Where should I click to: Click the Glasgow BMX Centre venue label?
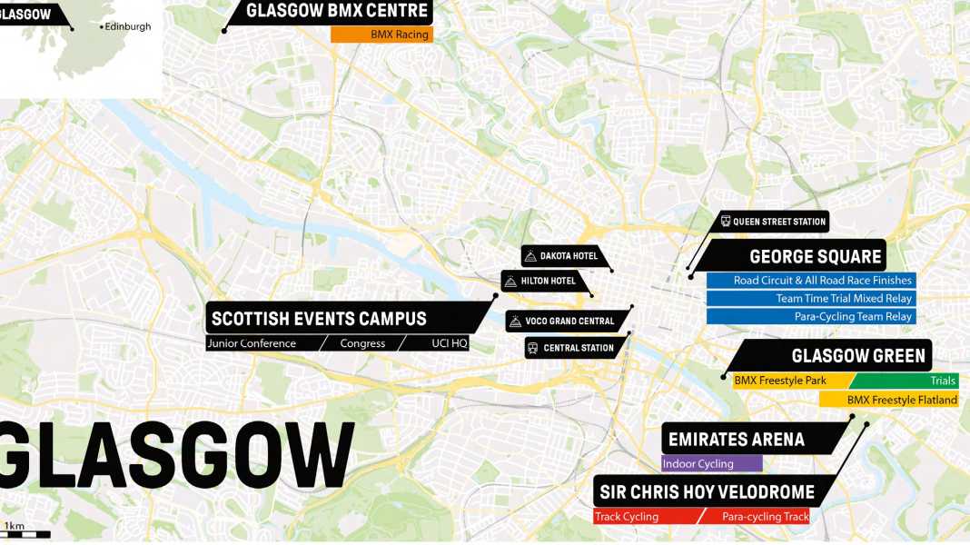336,12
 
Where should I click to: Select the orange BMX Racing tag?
381,35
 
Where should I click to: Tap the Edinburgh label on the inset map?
126,27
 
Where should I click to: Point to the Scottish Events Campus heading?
318,319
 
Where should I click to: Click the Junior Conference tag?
252,343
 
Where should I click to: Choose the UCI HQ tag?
449,343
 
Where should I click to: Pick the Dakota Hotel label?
568,256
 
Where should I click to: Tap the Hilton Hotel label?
548,281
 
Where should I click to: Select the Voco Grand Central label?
569,321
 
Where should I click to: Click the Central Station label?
578,348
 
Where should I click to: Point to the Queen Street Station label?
778,222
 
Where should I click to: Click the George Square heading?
815,257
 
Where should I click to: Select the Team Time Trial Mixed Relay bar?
811,299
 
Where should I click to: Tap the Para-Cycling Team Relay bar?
811,317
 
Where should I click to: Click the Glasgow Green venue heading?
857,356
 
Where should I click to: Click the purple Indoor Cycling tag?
711,464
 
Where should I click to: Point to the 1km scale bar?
26,534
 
